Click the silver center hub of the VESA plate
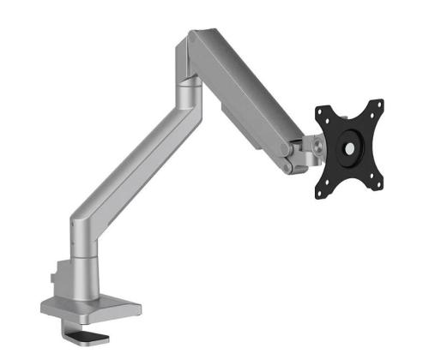(x=351, y=147)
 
